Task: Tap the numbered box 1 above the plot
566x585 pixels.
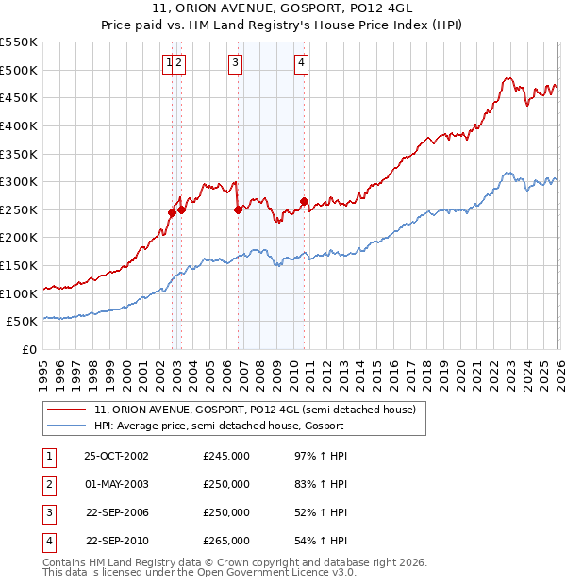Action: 169,63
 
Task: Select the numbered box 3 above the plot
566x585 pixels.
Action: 235,63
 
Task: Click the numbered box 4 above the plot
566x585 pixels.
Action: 301,63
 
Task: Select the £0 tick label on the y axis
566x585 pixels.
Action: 29,349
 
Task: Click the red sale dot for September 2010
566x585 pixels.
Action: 304,201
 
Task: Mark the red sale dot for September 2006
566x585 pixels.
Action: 238,209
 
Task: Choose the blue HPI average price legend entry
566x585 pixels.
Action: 219,426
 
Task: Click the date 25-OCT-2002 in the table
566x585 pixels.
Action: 116,456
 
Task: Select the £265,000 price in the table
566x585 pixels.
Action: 226,541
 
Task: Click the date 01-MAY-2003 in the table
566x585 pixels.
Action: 116,484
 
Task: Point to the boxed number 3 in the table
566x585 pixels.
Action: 48,512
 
